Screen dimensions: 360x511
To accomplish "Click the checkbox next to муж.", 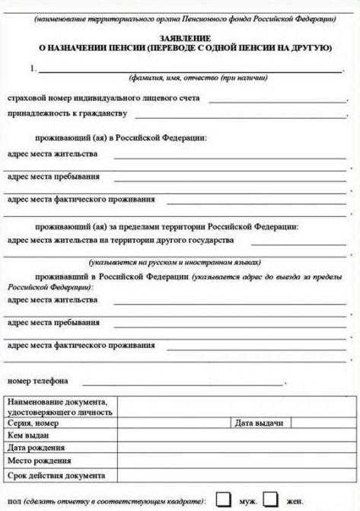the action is [224, 500].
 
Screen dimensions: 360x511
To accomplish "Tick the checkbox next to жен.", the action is [270, 500].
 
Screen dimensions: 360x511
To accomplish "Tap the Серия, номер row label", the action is [33, 423].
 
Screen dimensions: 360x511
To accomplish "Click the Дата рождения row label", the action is [37, 448].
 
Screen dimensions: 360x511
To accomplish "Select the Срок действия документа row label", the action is [56, 475].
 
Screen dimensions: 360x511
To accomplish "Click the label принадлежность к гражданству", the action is [67, 113].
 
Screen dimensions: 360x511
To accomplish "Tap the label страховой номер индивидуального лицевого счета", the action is [104, 99].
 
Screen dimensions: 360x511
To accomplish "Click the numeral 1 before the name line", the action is [33, 69].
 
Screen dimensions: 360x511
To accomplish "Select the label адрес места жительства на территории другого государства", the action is [120, 240].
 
